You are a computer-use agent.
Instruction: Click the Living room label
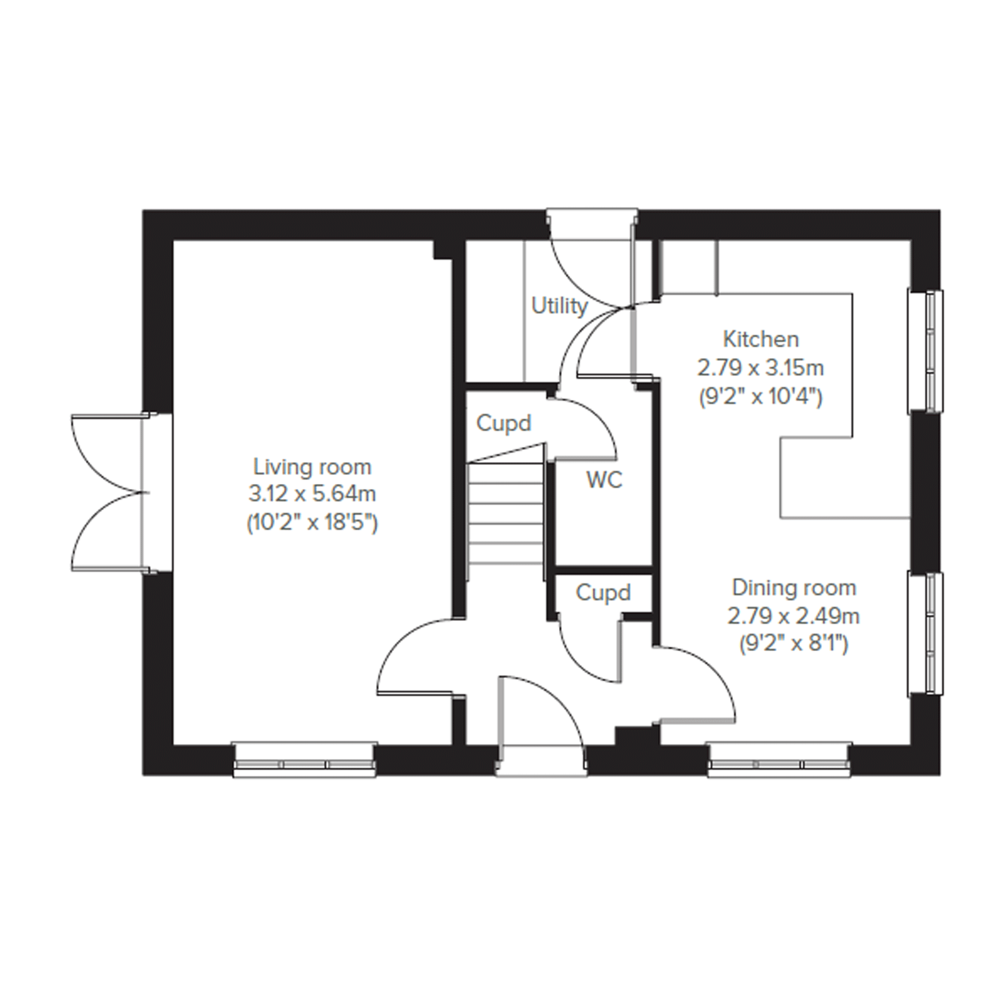312,467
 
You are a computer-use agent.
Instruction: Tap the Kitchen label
760,339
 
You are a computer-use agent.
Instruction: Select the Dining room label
794,588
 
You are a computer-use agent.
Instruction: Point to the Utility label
559,306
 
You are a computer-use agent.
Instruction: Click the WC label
604,480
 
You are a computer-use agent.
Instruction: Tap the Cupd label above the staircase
504,423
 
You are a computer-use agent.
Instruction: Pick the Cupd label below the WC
603,593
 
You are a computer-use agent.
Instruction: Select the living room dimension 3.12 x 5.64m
312,494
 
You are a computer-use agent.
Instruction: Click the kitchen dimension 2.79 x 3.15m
760,368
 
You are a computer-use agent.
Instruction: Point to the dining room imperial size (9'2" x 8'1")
794,645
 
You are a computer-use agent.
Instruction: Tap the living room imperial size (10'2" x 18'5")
312,522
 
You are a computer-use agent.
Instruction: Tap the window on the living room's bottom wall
304,760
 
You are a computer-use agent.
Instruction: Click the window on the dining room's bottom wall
779,760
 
